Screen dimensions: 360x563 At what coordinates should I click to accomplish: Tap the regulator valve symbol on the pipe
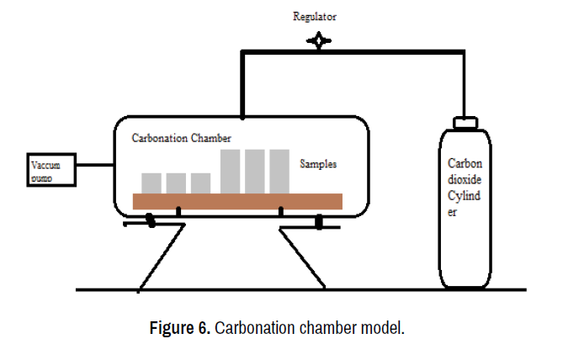pos(319,40)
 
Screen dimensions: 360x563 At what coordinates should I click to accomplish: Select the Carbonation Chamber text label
pos(181,137)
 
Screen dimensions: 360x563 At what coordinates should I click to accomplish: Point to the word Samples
pos(319,164)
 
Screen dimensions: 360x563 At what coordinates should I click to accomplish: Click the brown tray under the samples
pos(238,201)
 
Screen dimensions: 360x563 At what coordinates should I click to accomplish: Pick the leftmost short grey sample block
pos(151,183)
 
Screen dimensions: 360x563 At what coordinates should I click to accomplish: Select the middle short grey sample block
pos(176,183)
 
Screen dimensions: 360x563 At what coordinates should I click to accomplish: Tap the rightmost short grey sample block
pos(200,183)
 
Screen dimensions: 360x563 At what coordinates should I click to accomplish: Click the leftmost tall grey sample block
pos(231,171)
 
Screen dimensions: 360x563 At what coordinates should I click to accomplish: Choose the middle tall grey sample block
pos(256,171)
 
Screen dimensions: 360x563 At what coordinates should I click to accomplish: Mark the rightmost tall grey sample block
pos(280,171)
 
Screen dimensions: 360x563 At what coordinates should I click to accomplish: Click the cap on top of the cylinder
pos(465,122)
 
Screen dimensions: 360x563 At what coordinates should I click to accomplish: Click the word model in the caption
pos(385,327)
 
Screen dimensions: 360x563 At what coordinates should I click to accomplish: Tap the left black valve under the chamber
pos(150,221)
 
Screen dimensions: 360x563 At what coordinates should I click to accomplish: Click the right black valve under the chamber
pos(320,222)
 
